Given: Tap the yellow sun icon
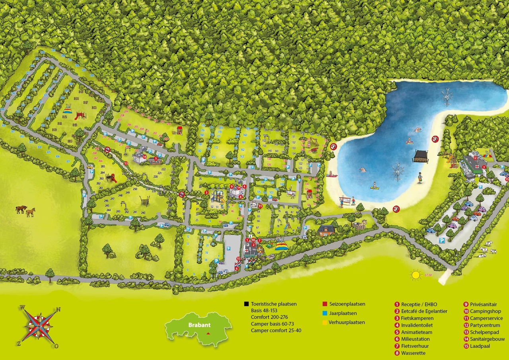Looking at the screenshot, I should pyautogui.click(x=416, y=275).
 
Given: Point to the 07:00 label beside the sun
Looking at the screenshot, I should pyautogui.click(x=428, y=274).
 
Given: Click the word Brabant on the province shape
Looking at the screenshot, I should pyautogui.click(x=199, y=324).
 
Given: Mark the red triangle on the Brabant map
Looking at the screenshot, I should pyautogui.click(x=208, y=333).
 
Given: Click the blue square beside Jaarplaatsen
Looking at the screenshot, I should pyautogui.click(x=325, y=313).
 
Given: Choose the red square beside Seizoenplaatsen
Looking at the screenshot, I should pyautogui.click(x=325, y=304).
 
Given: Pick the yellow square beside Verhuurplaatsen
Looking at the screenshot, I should pyautogui.click(x=325, y=323).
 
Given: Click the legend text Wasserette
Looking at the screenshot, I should pyautogui.click(x=413, y=353).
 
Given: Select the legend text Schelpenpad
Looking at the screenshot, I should pyautogui.click(x=485, y=332).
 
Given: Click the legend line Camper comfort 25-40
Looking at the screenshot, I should pyautogui.click(x=276, y=331).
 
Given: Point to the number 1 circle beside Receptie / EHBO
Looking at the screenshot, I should pyautogui.click(x=397, y=305).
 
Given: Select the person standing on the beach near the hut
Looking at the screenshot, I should pyautogui.click(x=420, y=177).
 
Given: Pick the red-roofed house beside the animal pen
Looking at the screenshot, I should pyautogui.click(x=326, y=230).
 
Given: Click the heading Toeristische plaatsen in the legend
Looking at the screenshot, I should pyautogui.click(x=274, y=304).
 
